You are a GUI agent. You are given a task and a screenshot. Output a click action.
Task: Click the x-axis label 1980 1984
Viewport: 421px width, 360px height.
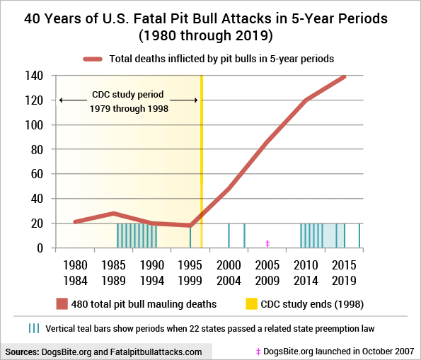point(76,271)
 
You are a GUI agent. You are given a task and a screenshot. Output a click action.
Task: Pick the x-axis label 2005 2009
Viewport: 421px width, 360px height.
point(267,271)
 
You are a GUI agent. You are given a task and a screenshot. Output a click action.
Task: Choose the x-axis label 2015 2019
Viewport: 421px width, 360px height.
point(345,271)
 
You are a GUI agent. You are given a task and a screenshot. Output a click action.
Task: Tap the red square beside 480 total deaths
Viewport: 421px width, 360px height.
point(61,304)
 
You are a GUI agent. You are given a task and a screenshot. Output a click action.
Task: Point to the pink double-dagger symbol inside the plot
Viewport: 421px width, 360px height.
point(267,243)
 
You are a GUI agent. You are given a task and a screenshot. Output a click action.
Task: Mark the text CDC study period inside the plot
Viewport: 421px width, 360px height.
point(128,94)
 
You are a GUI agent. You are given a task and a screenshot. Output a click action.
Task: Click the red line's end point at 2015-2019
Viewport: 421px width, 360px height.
point(345,76)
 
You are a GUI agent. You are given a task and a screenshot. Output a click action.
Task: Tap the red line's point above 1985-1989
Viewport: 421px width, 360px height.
point(114,214)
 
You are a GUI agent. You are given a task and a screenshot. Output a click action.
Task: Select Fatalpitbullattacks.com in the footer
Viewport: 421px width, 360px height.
point(156,352)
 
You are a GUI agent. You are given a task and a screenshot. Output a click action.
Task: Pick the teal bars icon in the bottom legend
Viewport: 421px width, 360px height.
point(33,329)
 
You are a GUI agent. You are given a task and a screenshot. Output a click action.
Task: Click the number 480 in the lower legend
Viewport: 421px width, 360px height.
point(83,304)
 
